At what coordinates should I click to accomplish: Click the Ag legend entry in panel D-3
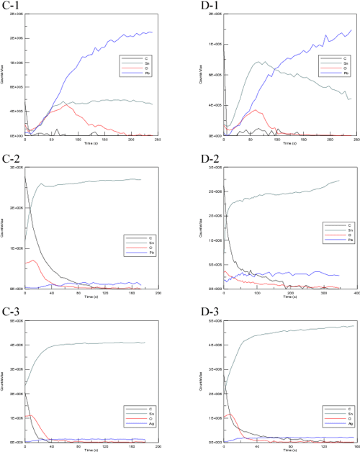330,425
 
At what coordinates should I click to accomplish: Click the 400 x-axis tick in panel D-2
356,291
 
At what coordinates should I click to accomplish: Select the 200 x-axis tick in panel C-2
158,291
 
